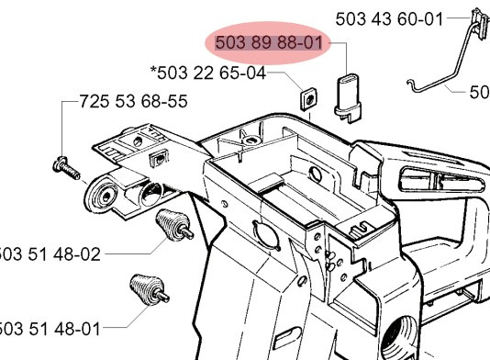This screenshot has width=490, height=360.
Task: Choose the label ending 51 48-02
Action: [x=50, y=255]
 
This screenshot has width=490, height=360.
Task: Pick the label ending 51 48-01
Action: [x=50, y=328]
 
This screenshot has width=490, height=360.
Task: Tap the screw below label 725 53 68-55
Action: [x=67, y=166]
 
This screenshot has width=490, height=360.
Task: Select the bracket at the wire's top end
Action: [x=477, y=26]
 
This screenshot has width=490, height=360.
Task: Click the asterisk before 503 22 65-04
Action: [x=153, y=70]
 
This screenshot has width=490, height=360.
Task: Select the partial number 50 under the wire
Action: [x=479, y=92]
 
